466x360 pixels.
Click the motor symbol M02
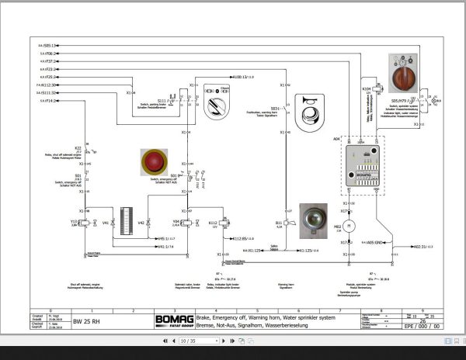click(x=349, y=226)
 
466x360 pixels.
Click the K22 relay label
click(x=78, y=147)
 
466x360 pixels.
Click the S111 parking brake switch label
click(x=162, y=101)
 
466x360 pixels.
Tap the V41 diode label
click(x=106, y=223)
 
